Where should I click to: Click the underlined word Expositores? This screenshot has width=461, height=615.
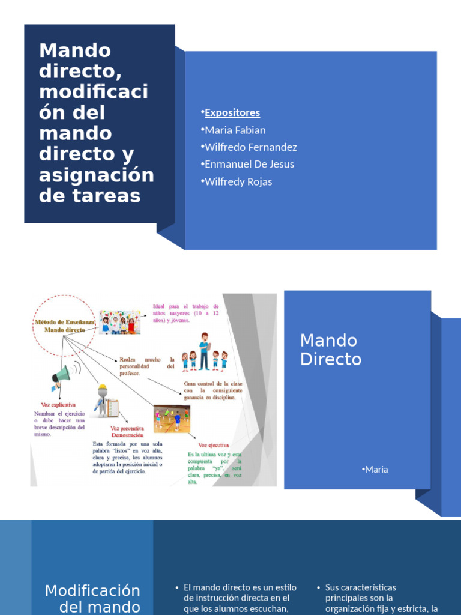[232, 113]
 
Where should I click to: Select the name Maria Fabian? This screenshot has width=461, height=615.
[235, 130]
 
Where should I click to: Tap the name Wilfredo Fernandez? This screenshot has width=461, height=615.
[251, 147]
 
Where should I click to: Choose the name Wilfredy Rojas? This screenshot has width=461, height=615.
[238, 182]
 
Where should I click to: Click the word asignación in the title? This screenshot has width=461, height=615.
[96, 175]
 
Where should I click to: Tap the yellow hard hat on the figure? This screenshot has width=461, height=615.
[102, 387]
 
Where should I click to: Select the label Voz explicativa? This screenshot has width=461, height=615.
[58, 405]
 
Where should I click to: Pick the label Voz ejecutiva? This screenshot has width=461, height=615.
[213, 445]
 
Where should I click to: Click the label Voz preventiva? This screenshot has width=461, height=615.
[127, 428]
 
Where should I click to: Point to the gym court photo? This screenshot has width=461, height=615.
[171, 419]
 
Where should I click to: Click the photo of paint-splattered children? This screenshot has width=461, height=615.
[120, 323]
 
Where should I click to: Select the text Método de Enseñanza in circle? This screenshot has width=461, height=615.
[63, 322]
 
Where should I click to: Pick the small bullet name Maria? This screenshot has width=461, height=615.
[376, 470]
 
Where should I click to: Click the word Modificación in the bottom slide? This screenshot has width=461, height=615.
[92, 590]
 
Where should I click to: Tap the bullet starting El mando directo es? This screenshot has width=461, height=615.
[236, 598]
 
